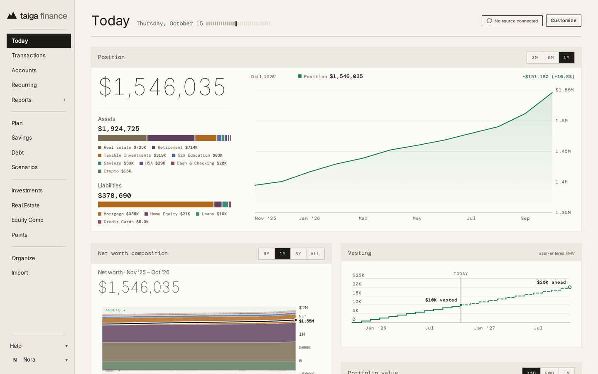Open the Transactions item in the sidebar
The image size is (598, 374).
point(29,55)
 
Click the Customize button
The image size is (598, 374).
point(564,21)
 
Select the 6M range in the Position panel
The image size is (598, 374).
point(551,57)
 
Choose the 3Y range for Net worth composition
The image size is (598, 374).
point(298,253)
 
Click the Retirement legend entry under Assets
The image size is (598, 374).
point(175,148)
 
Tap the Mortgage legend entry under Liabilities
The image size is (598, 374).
point(118,214)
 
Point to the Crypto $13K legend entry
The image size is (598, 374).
point(115,171)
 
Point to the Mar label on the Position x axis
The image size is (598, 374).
point(363,219)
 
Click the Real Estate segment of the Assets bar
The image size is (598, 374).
point(122,138)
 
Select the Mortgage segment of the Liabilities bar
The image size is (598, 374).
point(156,204)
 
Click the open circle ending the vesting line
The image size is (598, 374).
point(570,288)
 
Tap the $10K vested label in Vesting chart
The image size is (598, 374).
point(441,300)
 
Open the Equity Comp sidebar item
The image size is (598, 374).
point(27,220)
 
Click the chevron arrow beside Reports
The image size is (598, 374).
point(64,100)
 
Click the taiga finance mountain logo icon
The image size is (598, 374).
point(12,15)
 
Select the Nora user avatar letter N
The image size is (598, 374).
point(15,360)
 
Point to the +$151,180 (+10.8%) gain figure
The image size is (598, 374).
point(548,76)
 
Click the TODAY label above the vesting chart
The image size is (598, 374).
point(461,274)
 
